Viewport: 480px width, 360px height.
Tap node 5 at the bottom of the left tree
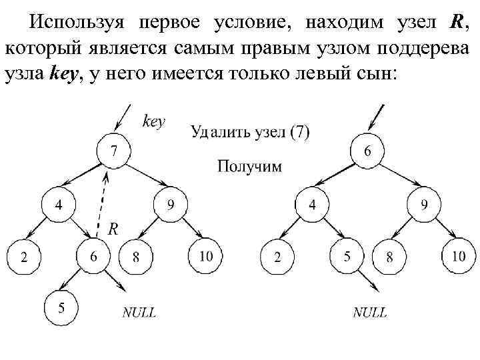pyautogui.click(x=62, y=308)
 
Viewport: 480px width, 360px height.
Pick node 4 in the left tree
pyautogui.click(x=59, y=205)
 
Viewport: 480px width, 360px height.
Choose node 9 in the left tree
pyautogui.click(x=171, y=205)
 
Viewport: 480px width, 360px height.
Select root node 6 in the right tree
pyautogui.click(x=367, y=151)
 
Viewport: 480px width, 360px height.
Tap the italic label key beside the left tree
pyautogui.click(x=154, y=121)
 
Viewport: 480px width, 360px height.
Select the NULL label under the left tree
pyautogui.click(x=139, y=311)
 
